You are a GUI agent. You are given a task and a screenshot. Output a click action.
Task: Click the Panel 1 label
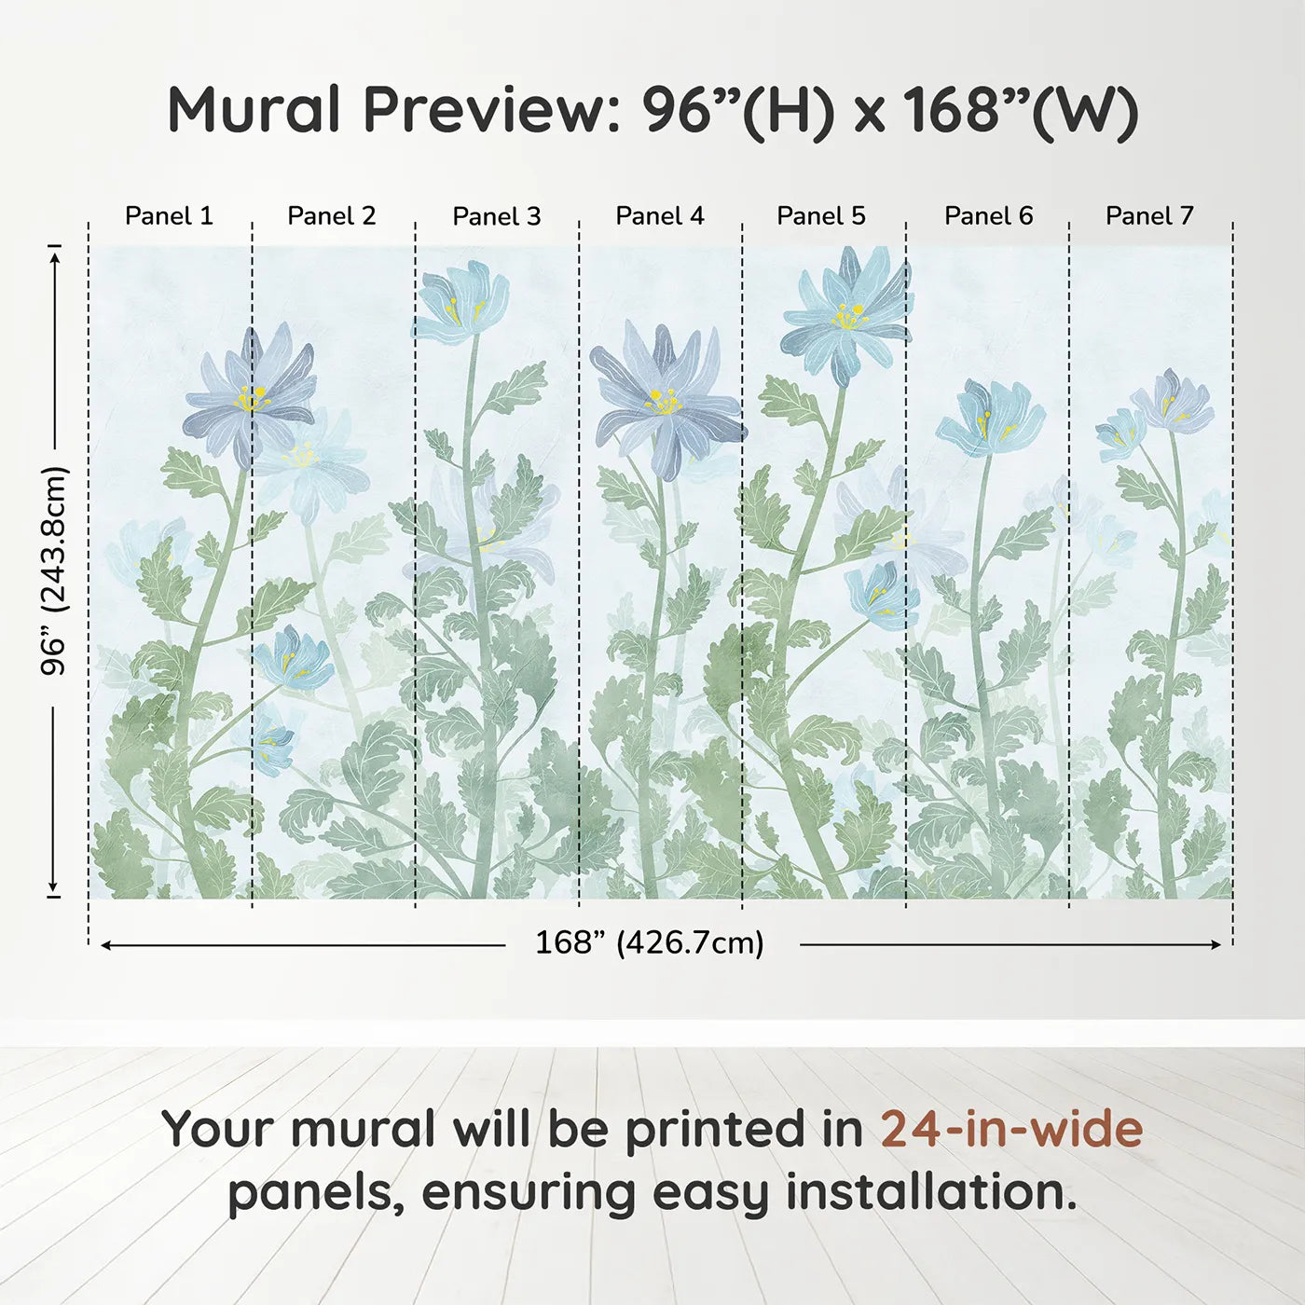coord(169,216)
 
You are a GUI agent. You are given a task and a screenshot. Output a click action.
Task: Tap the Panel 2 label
coord(331,216)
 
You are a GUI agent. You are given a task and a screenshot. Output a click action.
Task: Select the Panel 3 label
coord(496,216)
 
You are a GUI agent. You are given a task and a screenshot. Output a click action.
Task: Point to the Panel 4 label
coord(659,216)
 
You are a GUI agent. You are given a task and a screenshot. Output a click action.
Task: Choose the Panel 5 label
coord(820,216)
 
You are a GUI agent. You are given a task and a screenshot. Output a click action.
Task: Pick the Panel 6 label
coord(988,216)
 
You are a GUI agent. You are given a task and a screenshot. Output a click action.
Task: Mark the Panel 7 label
coord(1148,216)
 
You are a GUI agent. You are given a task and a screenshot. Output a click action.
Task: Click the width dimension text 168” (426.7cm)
coord(649,943)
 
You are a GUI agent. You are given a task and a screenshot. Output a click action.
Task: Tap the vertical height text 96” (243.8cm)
coord(54,570)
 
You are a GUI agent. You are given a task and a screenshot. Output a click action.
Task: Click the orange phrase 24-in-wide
coord(1011,1129)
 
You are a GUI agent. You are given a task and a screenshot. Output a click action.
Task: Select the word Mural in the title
coord(254,110)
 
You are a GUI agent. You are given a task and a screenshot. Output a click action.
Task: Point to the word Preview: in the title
coord(486,110)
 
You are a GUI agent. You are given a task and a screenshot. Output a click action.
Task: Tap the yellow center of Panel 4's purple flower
coord(664,403)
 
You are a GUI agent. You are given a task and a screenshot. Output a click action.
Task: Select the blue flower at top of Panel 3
coord(461,300)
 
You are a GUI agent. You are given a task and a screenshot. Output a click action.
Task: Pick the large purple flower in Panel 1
coord(250,396)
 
